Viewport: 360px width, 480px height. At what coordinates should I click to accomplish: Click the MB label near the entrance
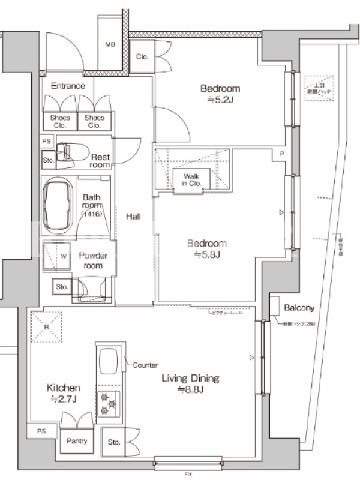110,44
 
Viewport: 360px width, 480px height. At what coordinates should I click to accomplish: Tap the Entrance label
68,86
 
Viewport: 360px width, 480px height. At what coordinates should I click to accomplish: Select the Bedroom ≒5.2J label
220,94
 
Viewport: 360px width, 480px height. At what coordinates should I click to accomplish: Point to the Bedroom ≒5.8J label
207,249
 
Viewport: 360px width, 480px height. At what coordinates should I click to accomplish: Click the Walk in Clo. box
191,179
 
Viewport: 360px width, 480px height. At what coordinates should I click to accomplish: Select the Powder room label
94,260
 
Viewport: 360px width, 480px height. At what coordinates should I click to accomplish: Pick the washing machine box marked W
63,257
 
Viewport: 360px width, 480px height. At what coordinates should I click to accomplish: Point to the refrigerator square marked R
46,328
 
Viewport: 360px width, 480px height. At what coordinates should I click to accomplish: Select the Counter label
145,365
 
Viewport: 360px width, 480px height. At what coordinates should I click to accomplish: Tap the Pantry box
77,442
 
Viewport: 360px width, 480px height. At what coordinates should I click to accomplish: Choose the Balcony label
299,308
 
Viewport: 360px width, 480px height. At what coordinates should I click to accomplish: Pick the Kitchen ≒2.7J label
64,393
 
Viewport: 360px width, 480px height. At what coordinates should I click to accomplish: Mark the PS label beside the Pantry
41,431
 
